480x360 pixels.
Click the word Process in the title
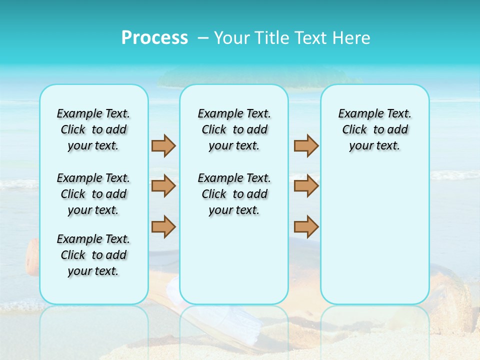pos(154,38)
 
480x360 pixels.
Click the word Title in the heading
pos(272,38)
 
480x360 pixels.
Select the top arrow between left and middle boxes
pos(163,145)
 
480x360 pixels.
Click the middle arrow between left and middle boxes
pos(163,186)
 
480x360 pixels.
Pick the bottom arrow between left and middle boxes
pos(163,226)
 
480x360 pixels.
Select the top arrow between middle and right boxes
pos(306,145)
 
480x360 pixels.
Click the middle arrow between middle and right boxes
pos(306,186)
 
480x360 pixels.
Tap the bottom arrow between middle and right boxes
pos(306,226)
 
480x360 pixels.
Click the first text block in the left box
pos(93,129)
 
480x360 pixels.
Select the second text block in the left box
pos(93,194)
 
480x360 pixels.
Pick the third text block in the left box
pos(93,255)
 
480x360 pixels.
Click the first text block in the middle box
pos(234,129)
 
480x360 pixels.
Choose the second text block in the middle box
pos(234,194)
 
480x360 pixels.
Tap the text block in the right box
pos(375,129)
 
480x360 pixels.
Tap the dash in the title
pos(203,38)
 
